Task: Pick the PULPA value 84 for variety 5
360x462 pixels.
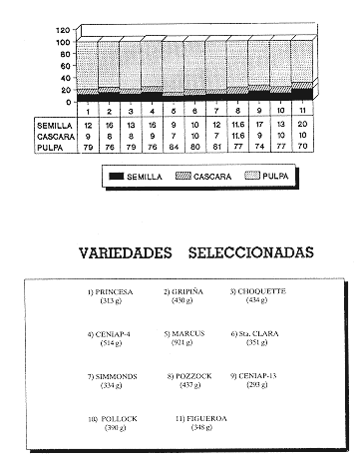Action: pos(171,146)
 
